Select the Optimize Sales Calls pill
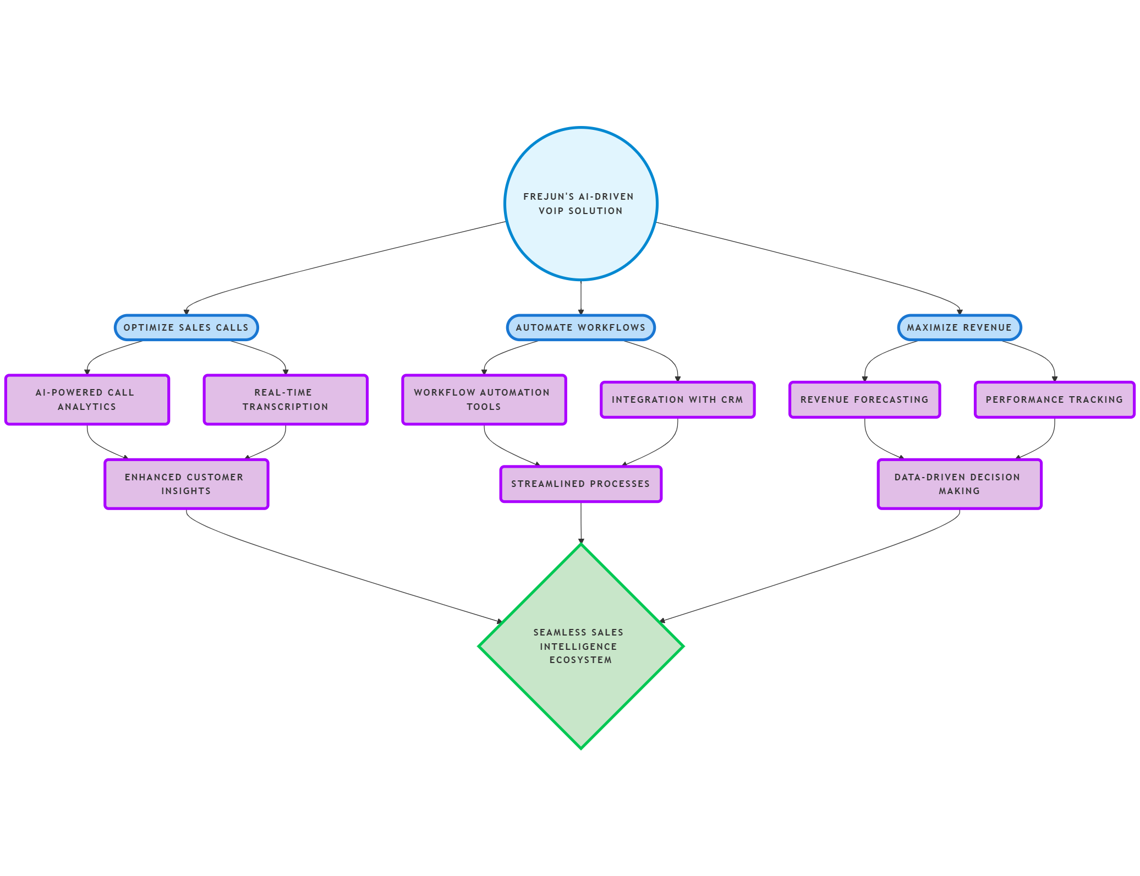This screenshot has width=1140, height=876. click(186, 327)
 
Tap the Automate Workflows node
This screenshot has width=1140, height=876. click(580, 327)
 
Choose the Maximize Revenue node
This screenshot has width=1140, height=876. click(959, 327)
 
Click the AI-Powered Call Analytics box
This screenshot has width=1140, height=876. click(87, 399)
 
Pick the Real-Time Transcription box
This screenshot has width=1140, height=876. click(285, 399)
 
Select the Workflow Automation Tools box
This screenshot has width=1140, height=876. click(484, 399)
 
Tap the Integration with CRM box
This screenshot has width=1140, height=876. click(677, 399)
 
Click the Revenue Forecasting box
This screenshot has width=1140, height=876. click(864, 399)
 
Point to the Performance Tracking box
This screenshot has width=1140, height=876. click(1054, 399)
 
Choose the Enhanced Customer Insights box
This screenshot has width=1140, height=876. click(186, 484)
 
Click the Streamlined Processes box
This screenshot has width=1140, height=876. click(580, 484)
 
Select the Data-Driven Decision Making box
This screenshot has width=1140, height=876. click(960, 484)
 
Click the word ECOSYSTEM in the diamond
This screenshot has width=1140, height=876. click(580, 660)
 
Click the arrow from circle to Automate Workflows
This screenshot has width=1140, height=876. click(580, 297)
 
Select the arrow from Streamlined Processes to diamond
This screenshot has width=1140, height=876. click(580, 523)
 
